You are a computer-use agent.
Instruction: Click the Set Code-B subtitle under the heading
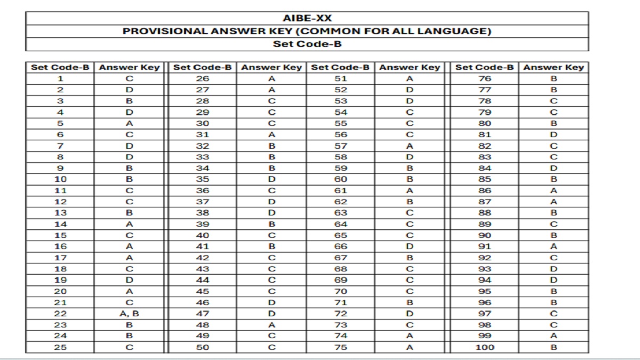click(307, 44)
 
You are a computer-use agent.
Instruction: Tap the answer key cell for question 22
click(130, 314)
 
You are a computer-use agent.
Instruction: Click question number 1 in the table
click(60, 79)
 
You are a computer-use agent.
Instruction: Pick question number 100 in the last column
click(484, 347)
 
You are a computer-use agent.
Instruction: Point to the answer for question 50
click(272, 347)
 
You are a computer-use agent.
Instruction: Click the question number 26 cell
click(203, 79)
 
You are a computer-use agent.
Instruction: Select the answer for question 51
click(410, 79)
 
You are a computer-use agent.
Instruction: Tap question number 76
click(484, 79)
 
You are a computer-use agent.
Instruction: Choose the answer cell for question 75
click(410, 347)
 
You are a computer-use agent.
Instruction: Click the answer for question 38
click(272, 213)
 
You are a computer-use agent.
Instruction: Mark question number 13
click(60, 213)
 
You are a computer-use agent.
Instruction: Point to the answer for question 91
click(554, 246)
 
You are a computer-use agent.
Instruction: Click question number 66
click(341, 246)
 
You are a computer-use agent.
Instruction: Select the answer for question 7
click(130, 146)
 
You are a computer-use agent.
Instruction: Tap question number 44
click(203, 280)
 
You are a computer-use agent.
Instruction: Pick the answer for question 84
click(554, 168)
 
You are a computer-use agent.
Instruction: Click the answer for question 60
click(410, 179)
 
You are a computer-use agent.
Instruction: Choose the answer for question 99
click(554, 336)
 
